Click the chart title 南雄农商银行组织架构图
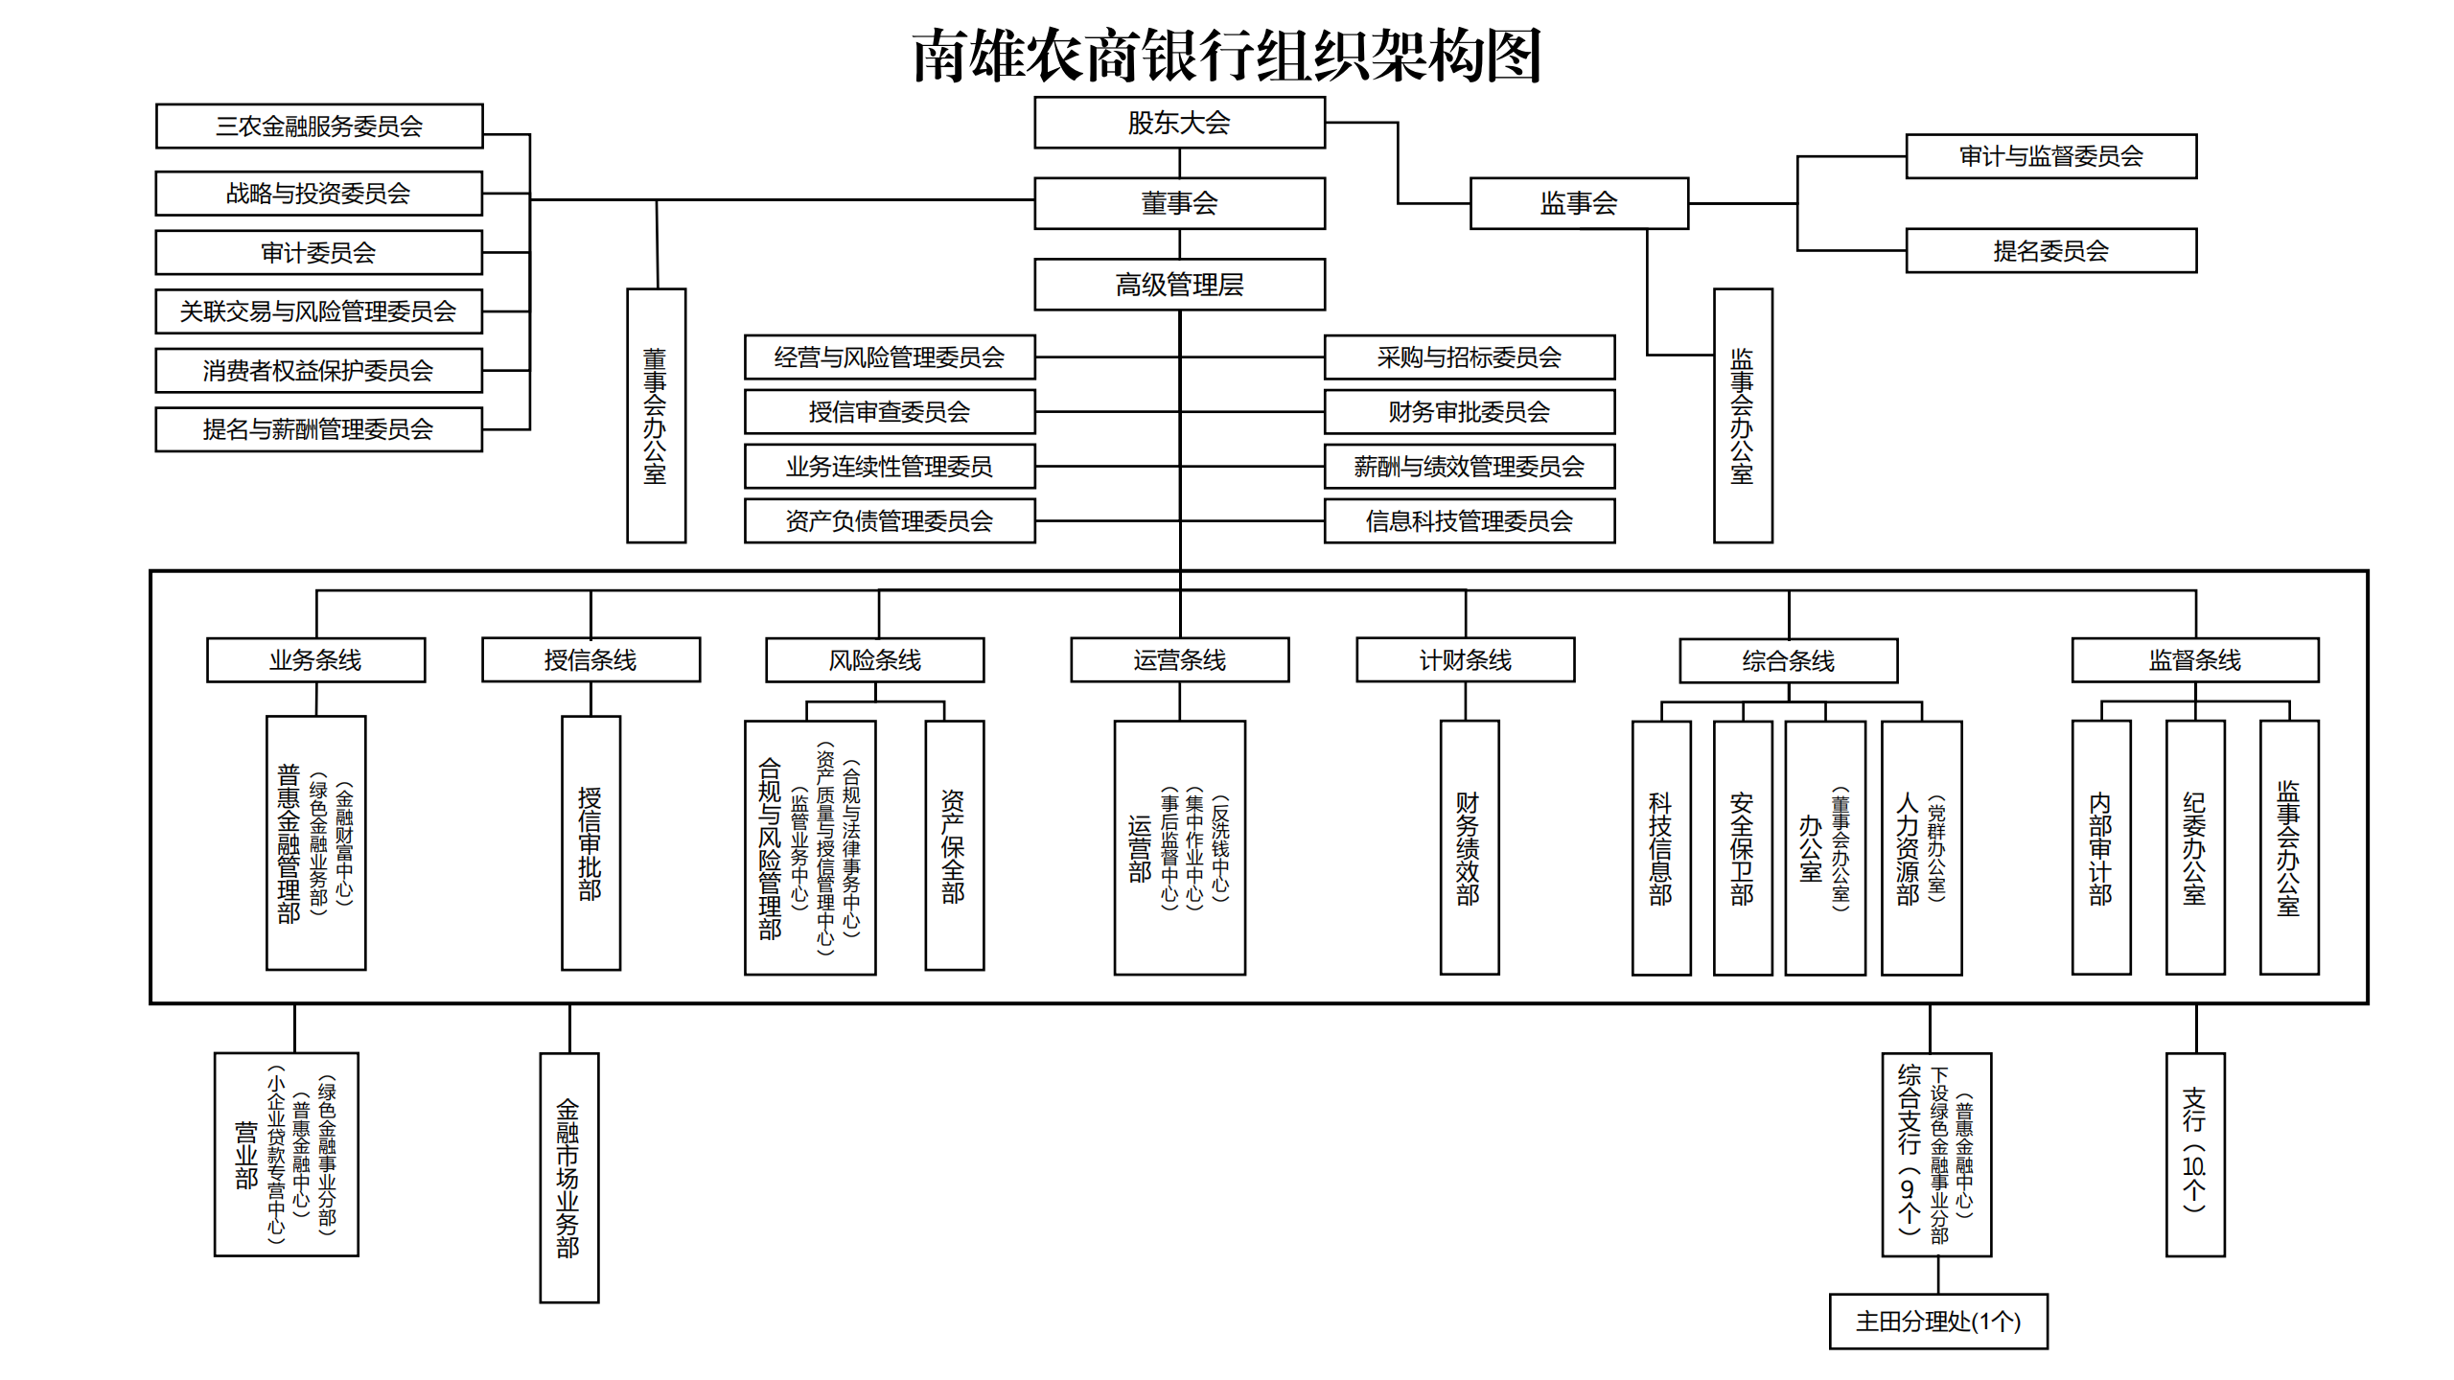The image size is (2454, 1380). point(1226,56)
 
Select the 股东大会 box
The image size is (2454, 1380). point(1179,123)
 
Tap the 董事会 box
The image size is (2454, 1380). point(1179,203)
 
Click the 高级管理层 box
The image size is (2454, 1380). point(1179,285)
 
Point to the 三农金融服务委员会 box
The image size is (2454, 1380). point(319,126)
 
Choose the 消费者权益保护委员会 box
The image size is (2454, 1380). point(318,371)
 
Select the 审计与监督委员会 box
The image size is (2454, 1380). point(2050,156)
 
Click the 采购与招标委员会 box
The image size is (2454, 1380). point(1469,357)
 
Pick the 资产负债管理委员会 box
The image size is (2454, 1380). point(890,521)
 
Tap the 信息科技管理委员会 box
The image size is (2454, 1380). point(1469,521)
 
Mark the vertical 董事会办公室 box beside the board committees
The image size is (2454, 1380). point(656,416)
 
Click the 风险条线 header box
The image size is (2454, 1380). point(874,660)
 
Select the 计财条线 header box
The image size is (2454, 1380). point(1465,660)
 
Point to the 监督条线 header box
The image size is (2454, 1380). point(2194,660)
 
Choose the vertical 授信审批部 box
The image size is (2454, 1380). point(590,843)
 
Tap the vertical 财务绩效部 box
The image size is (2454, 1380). point(1469,848)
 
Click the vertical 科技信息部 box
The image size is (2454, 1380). point(1660,848)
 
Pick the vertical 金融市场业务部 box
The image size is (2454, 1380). point(568,1178)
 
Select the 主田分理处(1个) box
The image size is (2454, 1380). point(1937,1322)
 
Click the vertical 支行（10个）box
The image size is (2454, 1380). point(2194,1155)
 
